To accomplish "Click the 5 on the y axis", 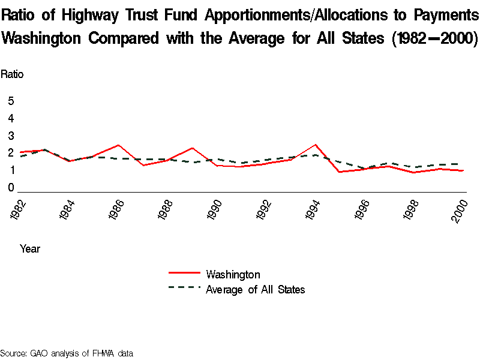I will (x=11, y=101).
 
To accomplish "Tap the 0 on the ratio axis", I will (x=11, y=188).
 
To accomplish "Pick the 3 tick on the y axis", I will (x=11, y=136).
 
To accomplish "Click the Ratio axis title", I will (x=12, y=74).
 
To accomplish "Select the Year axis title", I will (x=30, y=248).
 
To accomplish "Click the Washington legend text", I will (x=233, y=275).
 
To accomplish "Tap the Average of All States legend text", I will (x=256, y=290).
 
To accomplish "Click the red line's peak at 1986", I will (x=118, y=145).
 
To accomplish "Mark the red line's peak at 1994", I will (x=315, y=145).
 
